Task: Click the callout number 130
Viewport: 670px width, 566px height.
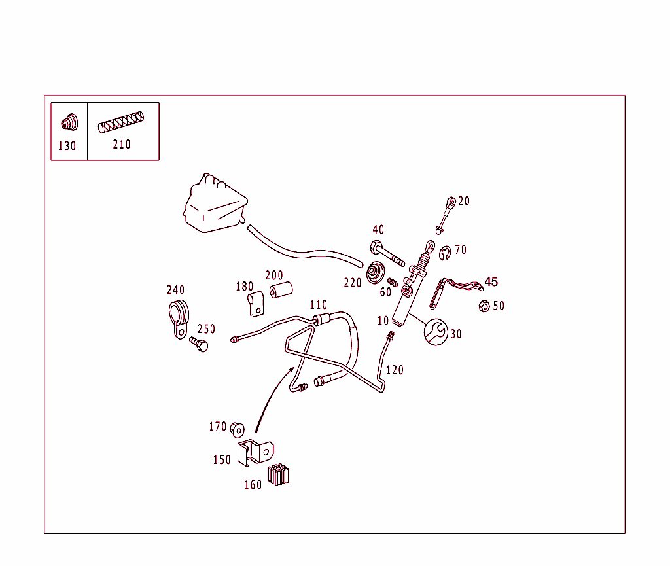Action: (x=67, y=147)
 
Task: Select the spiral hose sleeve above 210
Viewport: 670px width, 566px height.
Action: (x=121, y=122)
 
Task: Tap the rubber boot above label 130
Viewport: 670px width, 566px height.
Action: (x=68, y=122)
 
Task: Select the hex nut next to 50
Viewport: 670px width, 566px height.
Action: (x=484, y=306)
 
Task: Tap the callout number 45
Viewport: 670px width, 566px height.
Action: (x=491, y=282)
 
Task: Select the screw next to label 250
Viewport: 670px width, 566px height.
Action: (x=199, y=344)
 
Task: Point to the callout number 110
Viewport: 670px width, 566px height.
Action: (x=318, y=305)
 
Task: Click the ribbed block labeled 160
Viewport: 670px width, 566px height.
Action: (x=278, y=474)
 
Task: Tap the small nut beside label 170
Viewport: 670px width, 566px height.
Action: (x=237, y=429)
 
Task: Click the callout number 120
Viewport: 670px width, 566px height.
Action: (x=395, y=370)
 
